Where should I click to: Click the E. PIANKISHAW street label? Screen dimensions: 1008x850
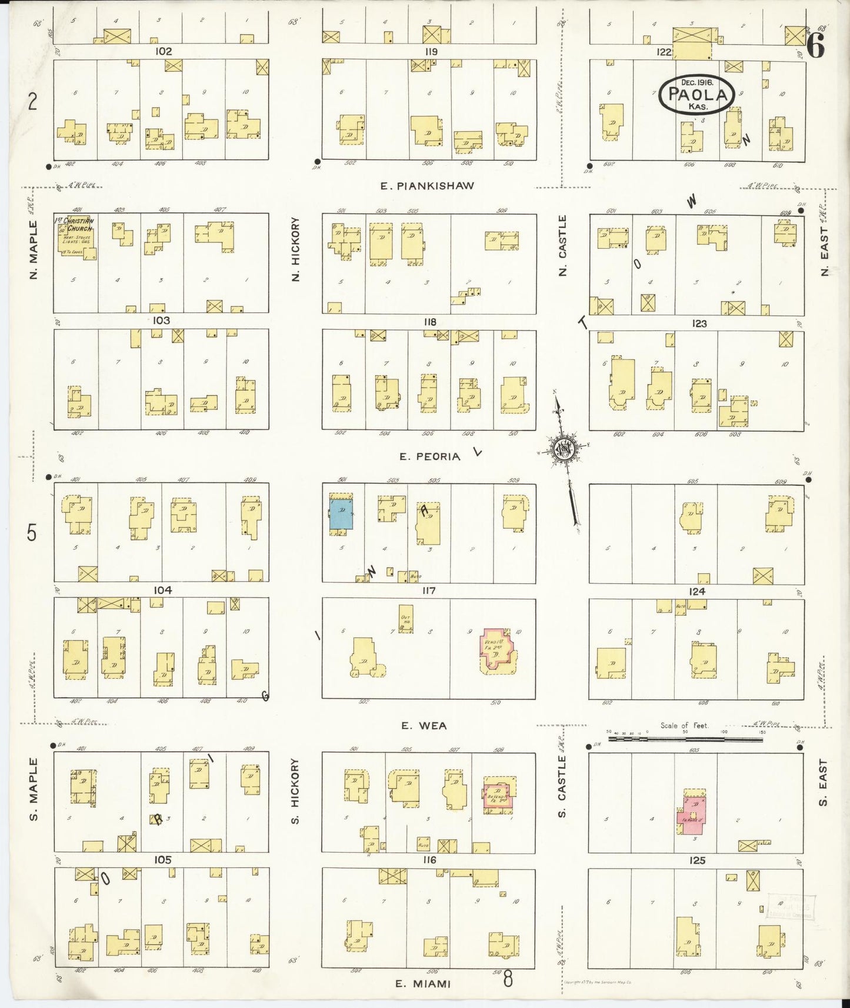point(426,186)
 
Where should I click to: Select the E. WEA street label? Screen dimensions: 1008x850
point(424,726)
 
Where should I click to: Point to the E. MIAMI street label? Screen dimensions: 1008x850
point(423,984)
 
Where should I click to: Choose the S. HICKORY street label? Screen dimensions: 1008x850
point(295,790)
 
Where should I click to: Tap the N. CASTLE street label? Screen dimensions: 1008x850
point(563,245)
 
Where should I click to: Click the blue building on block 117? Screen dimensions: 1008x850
point(341,514)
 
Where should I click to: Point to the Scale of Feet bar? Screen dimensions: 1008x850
point(685,739)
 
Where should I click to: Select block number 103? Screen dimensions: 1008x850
point(161,321)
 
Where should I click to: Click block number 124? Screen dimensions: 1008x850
point(697,591)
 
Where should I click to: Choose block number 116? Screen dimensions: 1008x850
point(429,860)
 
